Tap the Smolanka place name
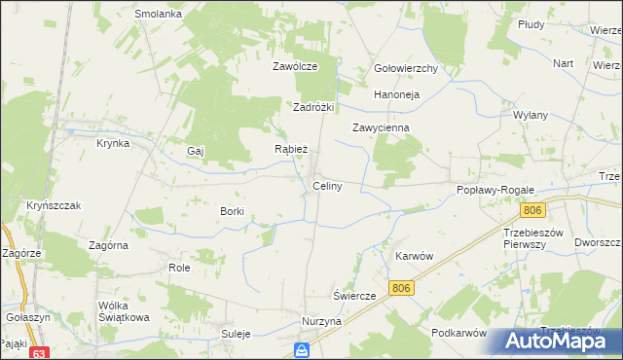tap(160, 15)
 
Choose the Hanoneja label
tap(396, 95)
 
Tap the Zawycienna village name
tap(381, 127)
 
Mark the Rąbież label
tap(291, 150)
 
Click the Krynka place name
tap(113, 143)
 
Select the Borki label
tap(232, 211)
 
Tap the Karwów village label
tap(414, 256)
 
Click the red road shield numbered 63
tap(39, 353)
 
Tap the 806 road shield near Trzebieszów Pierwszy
tap(531, 210)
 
